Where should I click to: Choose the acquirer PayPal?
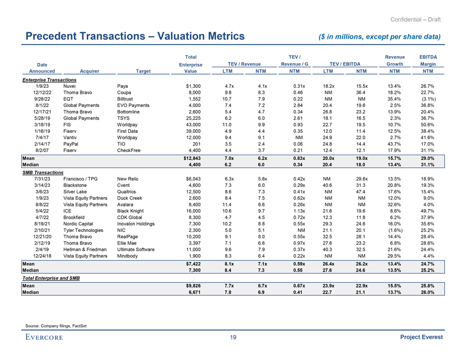71,146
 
